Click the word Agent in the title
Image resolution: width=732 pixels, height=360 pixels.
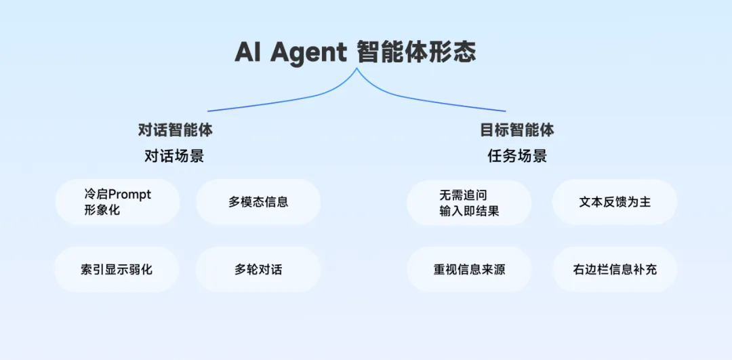[x=308, y=52]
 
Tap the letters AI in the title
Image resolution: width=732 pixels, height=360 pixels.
[x=248, y=52]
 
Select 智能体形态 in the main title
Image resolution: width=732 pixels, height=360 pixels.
[x=416, y=52]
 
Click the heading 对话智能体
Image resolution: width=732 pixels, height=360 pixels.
[x=175, y=130]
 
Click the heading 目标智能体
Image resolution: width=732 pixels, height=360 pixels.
[x=516, y=130]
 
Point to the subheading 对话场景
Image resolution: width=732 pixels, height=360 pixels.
[x=174, y=156]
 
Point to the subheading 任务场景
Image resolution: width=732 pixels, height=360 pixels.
[x=517, y=156]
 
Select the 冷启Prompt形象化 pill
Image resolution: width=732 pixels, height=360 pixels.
[x=117, y=202]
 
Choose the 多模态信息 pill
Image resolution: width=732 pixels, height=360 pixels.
[x=258, y=202]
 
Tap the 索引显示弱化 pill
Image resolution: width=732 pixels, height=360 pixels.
[x=117, y=269]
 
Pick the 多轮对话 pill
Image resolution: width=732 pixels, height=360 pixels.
[x=258, y=269]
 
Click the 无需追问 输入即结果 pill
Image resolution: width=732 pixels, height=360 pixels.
[x=469, y=202]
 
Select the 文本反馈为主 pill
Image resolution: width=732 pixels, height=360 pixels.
[x=614, y=202]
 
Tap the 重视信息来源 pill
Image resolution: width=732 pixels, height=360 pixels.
[x=469, y=269]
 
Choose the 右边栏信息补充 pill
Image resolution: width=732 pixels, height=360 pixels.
[x=614, y=269]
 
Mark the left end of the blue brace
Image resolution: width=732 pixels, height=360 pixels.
[x=209, y=111]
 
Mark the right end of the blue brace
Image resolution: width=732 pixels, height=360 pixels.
[x=505, y=111]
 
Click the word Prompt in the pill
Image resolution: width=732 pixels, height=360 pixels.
[x=129, y=195]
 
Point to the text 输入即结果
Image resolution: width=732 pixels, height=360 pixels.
[x=469, y=210]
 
